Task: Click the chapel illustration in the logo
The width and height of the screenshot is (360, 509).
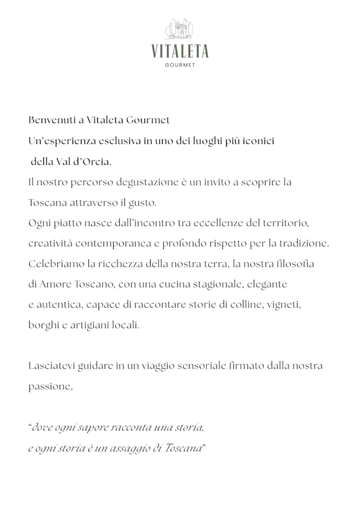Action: [179, 29]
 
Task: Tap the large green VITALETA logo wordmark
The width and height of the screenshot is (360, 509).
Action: [180, 52]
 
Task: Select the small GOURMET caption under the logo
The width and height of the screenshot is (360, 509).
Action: [180, 65]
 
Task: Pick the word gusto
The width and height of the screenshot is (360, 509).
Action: [143, 202]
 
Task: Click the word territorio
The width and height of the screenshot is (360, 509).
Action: [286, 223]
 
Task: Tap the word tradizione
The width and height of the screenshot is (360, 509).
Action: [303, 244]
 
